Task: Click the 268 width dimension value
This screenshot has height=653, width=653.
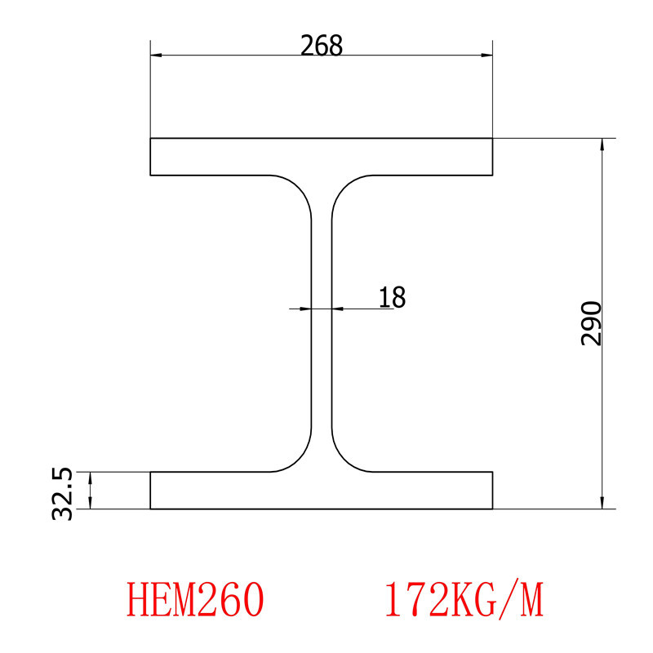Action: coord(321,46)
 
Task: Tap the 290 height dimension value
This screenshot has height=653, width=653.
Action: coord(591,323)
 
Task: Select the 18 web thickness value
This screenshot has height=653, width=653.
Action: coord(392,297)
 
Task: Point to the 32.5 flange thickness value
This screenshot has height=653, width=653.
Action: coord(62,493)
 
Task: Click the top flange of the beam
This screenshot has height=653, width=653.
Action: coord(322,157)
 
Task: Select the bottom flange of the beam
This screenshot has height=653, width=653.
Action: coord(322,491)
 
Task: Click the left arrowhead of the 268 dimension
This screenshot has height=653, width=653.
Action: coord(156,56)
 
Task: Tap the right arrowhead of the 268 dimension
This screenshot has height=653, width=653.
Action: coord(487,56)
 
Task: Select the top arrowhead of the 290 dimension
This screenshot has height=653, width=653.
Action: coord(602,144)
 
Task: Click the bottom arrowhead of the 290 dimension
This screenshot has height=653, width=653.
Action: coord(602,503)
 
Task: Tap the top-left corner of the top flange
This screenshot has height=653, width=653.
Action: coord(151,140)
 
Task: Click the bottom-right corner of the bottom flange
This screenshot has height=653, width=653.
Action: coord(492,508)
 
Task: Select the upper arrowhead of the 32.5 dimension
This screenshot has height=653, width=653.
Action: coord(91,478)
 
